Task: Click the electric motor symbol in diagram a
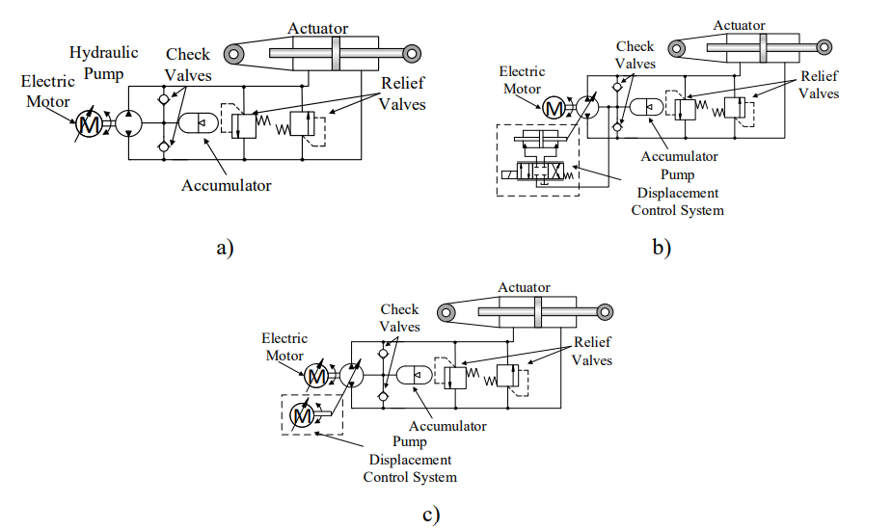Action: tap(91, 123)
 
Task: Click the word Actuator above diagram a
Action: tap(317, 29)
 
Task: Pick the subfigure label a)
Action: tap(225, 248)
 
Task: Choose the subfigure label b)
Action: tap(662, 248)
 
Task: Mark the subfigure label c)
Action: tap(431, 513)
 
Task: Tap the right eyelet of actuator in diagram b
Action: tap(824, 46)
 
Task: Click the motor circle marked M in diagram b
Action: tap(554, 108)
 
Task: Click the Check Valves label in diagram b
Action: tap(635, 55)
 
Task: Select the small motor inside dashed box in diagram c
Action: tap(302, 415)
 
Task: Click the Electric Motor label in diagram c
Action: tap(284, 347)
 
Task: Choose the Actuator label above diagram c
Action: tap(524, 287)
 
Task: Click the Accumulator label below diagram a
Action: tap(227, 185)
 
